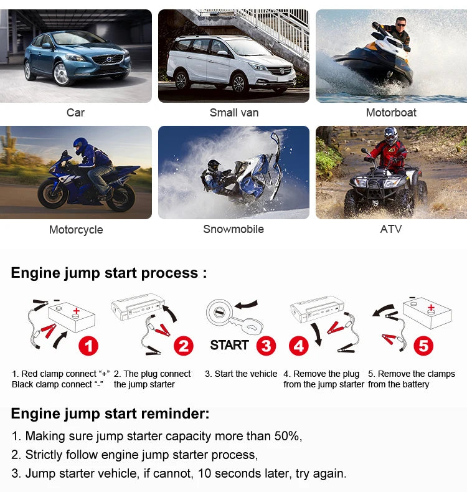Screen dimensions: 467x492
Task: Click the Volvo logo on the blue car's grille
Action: click(108, 59)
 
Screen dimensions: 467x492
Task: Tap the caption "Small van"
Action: click(234, 113)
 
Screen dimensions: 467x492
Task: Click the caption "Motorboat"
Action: click(391, 113)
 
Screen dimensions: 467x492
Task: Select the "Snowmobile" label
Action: click(233, 229)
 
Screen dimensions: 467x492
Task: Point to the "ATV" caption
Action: click(391, 229)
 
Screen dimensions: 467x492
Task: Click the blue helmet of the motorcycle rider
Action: click(80, 146)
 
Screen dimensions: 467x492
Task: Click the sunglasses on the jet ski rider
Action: click(401, 24)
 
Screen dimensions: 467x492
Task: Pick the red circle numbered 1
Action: click(88, 346)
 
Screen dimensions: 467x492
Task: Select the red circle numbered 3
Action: click(267, 346)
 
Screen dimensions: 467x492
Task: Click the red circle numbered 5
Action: click(423, 346)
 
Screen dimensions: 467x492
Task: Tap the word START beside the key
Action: click(229, 345)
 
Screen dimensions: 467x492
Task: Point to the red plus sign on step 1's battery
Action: click(76, 311)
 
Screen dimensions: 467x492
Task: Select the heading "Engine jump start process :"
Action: click(109, 273)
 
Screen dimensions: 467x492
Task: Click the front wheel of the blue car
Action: click(61, 74)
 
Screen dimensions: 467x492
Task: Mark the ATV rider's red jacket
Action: click(388, 154)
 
